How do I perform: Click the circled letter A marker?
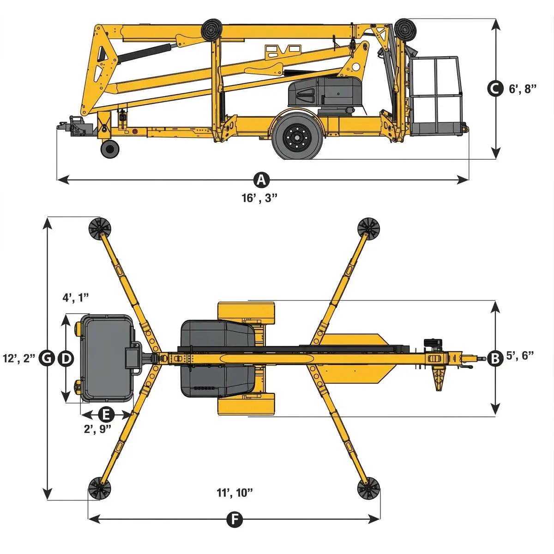point(261,180)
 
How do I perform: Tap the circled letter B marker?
point(495,359)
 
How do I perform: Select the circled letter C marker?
point(495,89)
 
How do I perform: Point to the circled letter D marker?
point(66,359)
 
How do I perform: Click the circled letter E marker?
point(106,415)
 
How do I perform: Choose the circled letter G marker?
point(47,359)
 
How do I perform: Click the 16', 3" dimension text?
point(259,198)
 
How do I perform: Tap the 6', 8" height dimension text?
point(523,89)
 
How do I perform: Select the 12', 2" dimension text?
point(19,359)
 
